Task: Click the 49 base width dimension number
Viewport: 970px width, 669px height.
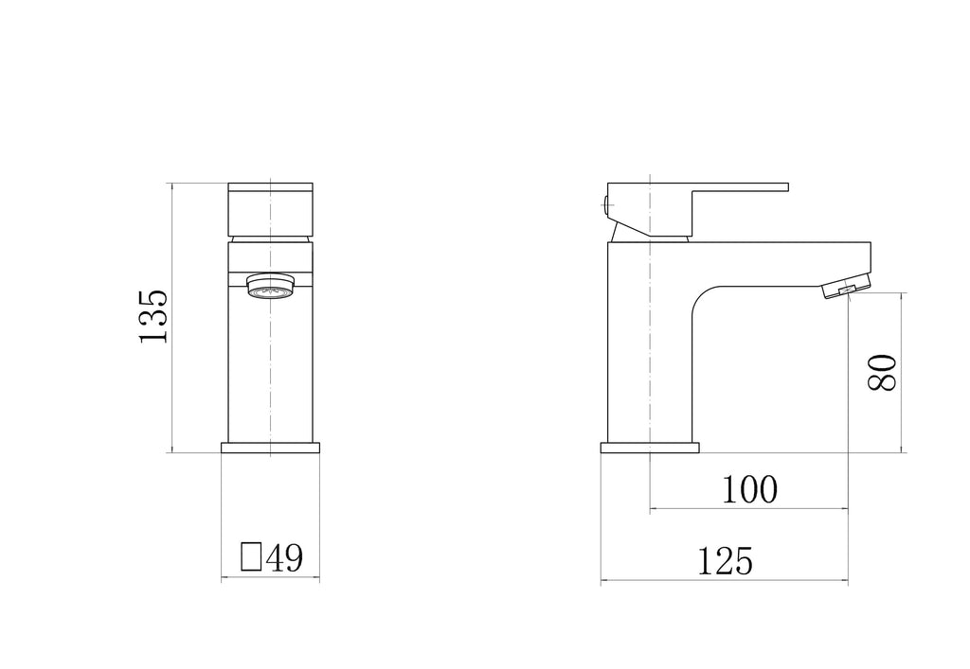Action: [x=284, y=557]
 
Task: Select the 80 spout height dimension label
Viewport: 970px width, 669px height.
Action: [x=881, y=372]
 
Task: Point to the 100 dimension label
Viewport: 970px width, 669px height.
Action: [x=749, y=489]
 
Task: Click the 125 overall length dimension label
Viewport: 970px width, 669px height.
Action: [x=725, y=561]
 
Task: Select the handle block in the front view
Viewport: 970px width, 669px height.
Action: [x=270, y=209]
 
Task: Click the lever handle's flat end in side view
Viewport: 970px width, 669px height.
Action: [x=767, y=186]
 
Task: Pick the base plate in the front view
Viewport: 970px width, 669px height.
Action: [x=270, y=448]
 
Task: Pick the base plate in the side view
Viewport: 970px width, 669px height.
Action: [x=650, y=448]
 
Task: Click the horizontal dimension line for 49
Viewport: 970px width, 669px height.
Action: [x=270, y=578]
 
